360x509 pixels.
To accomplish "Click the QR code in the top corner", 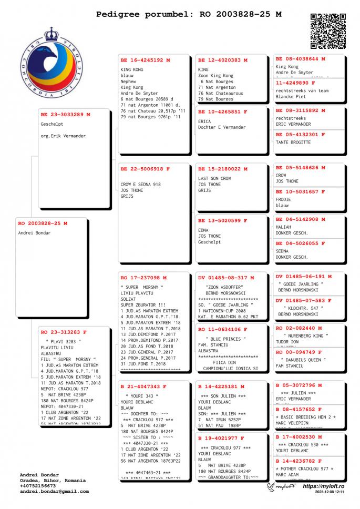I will (x=328, y=31).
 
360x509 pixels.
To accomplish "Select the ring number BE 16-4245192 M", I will (x=146, y=60).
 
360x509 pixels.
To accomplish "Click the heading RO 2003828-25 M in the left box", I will (x=43, y=223).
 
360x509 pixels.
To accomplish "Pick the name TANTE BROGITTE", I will (x=293, y=142).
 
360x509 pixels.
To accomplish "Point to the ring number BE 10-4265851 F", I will (x=223, y=112).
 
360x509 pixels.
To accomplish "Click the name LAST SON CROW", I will (x=214, y=179).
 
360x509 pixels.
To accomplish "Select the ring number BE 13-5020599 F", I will (x=223, y=220).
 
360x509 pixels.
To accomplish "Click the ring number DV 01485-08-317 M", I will (x=226, y=277).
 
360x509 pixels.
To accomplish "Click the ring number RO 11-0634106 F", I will (x=223, y=329).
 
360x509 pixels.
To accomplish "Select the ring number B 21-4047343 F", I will (x=143, y=386).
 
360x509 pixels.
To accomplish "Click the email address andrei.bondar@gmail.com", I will (x=54, y=491).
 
